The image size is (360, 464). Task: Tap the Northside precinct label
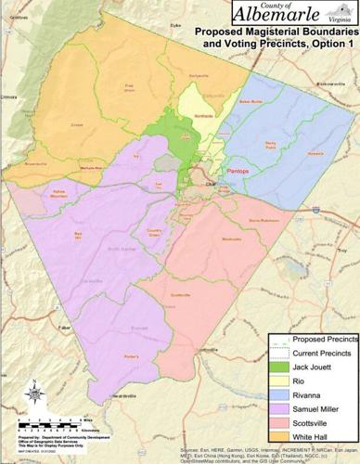201,117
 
